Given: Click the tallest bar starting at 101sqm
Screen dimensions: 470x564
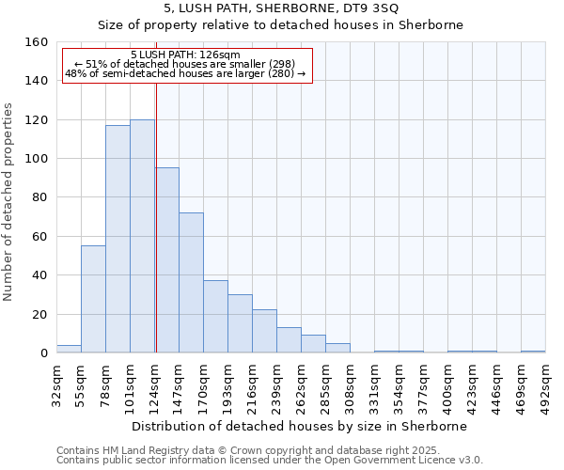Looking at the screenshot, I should (x=142, y=236).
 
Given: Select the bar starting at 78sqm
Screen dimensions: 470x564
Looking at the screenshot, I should (x=117, y=239).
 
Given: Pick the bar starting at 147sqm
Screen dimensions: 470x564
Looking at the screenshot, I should (x=191, y=282).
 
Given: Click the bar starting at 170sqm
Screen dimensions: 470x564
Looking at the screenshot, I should (x=215, y=316).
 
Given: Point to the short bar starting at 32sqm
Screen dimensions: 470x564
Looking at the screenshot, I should (x=69, y=349).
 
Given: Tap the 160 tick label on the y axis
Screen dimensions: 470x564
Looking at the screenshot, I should (x=37, y=42).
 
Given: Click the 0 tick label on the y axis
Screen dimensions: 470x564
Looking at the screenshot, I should (x=44, y=352).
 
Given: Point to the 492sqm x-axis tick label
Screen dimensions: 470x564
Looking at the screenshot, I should (x=546, y=386).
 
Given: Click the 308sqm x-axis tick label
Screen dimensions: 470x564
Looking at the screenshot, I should (x=351, y=386).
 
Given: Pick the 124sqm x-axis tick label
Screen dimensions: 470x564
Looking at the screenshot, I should (x=155, y=386).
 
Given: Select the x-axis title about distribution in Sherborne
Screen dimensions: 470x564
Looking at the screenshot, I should (x=299, y=426).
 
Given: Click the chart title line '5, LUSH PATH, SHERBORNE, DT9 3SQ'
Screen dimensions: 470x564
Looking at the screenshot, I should (x=281, y=8).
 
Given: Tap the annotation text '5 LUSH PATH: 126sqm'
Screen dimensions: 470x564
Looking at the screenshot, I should (x=185, y=55).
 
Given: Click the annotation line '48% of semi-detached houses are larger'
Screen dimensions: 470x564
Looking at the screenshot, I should (x=185, y=73).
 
